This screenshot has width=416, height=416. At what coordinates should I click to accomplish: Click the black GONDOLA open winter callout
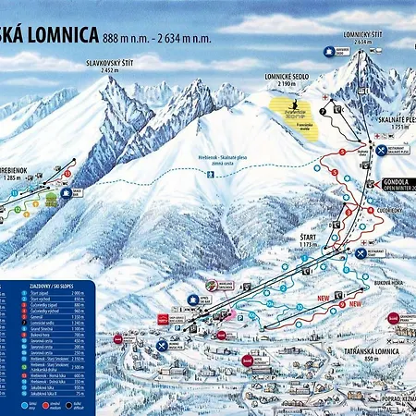tap(395, 184)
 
